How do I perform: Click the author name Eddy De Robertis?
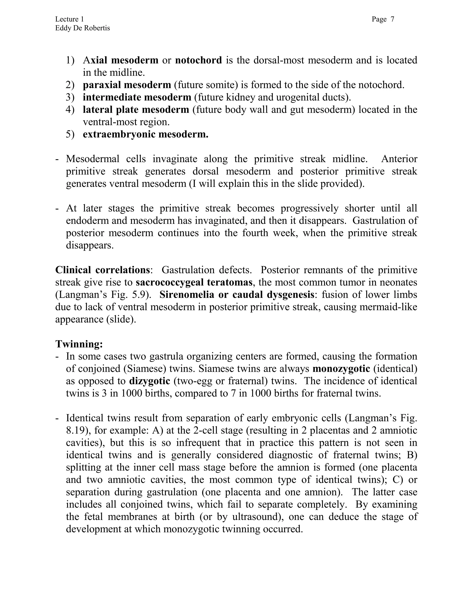[x=82, y=28]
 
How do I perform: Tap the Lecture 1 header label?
[x=69, y=19]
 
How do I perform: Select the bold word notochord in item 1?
[x=198, y=60]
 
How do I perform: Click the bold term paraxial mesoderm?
[x=127, y=85]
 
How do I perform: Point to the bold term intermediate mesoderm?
[x=137, y=97]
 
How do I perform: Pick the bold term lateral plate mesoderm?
[x=136, y=109]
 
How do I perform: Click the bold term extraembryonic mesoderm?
[x=145, y=134]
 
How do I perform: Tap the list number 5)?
[x=70, y=134]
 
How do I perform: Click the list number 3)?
[x=70, y=97]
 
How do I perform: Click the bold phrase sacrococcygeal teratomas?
[x=194, y=282]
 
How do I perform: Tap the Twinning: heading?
[x=79, y=344]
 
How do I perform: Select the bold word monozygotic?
[x=341, y=369]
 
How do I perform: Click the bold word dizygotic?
[x=150, y=381]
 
